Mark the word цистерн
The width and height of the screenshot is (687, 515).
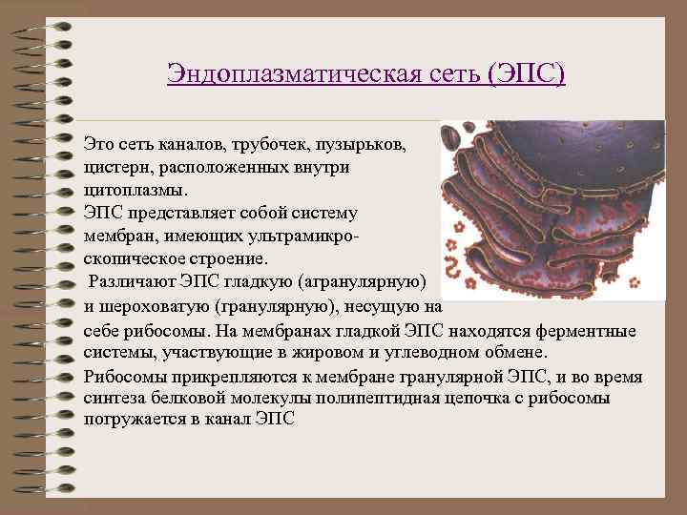pyautogui.click(x=115, y=168)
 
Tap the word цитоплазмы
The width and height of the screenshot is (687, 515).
pyautogui.click(x=129, y=190)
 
